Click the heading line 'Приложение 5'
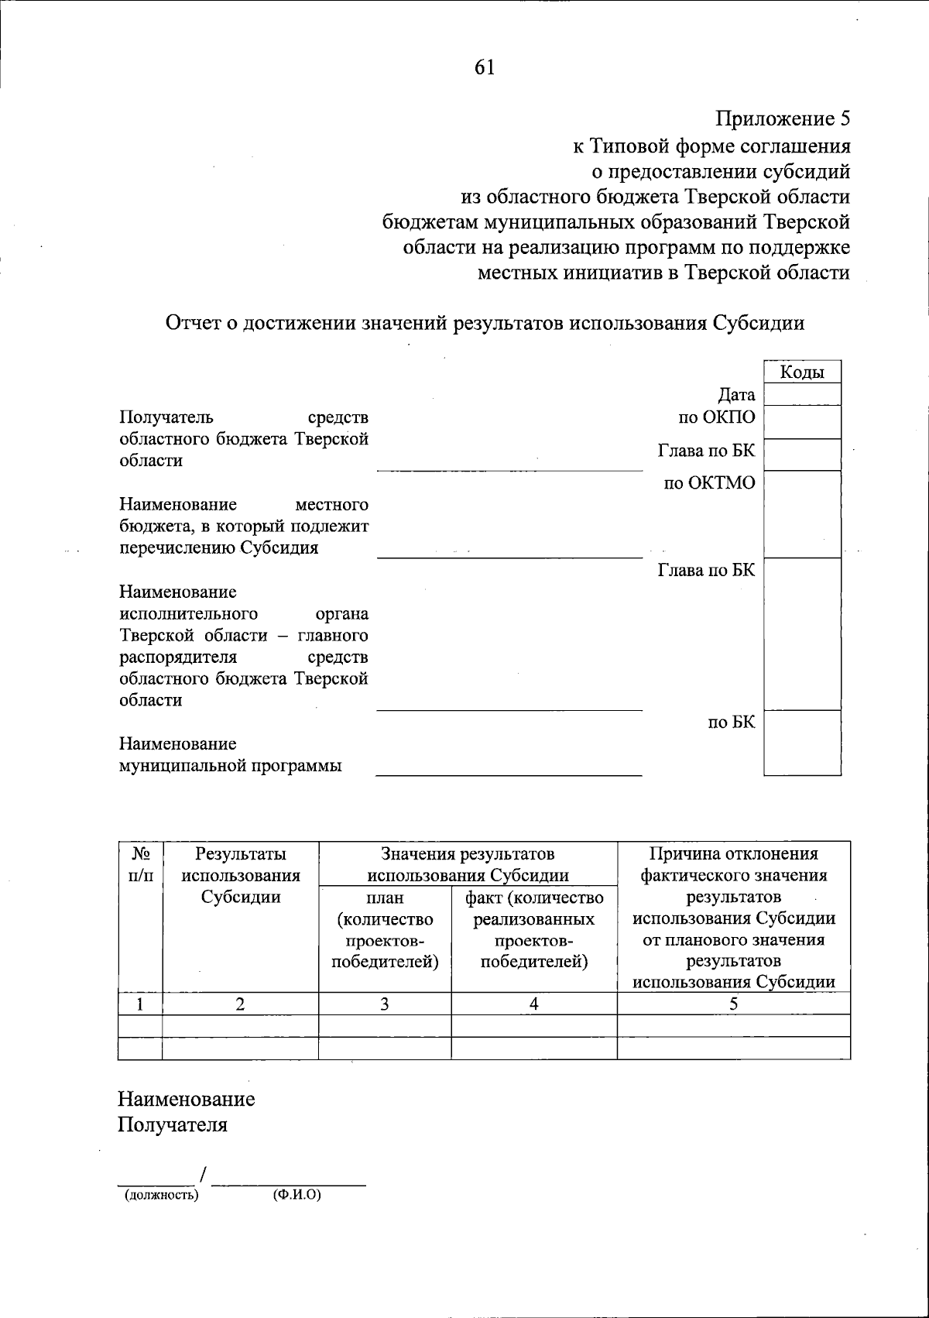[783, 119]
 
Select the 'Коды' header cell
[801, 372]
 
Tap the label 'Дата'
[736, 396]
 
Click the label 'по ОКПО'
[716, 417]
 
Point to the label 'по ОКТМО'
[708, 484]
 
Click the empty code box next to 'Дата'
[801, 394]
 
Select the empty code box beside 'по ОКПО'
[801, 422]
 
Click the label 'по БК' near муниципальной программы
[731, 722]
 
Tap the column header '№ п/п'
[140, 865]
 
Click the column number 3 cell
[384, 1004]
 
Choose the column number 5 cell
[733, 1004]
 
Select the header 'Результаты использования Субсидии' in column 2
[240, 876]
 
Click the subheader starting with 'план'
[384, 930]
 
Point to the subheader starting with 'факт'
[533, 930]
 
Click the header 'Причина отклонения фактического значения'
[733, 865]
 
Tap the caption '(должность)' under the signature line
[162, 1195]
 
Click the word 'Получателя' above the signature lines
[173, 1124]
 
